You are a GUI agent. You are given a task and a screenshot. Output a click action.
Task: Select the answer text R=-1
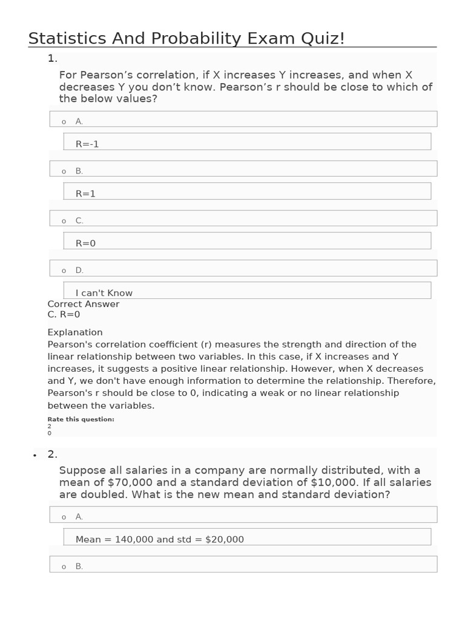coord(87,144)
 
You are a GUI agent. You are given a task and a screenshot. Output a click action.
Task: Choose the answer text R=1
coord(86,193)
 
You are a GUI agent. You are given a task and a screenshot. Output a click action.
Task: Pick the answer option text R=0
coord(86,243)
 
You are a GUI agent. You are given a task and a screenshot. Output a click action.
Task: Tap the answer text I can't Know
coord(104,293)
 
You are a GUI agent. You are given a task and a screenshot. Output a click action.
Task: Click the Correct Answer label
coord(84,304)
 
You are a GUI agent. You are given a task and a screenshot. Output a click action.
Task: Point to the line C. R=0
coord(64,314)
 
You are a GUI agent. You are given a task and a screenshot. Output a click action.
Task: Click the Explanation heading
coord(75,332)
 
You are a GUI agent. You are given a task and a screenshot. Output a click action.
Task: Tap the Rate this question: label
coord(81,419)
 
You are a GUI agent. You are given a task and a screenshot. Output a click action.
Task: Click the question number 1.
coord(52,58)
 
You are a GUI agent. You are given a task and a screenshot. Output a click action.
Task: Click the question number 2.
coord(53,454)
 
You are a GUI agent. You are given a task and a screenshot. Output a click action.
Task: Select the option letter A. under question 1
coord(79,121)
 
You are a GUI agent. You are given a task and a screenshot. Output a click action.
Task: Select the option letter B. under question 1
coord(79,171)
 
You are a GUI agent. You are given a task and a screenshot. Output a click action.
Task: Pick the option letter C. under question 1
coord(79,221)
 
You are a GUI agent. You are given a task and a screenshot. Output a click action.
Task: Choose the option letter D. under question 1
coord(79,270)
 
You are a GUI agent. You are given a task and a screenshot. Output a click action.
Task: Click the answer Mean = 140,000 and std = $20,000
coord(160,539)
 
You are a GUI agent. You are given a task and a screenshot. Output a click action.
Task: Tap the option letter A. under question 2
coord(79,517)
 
